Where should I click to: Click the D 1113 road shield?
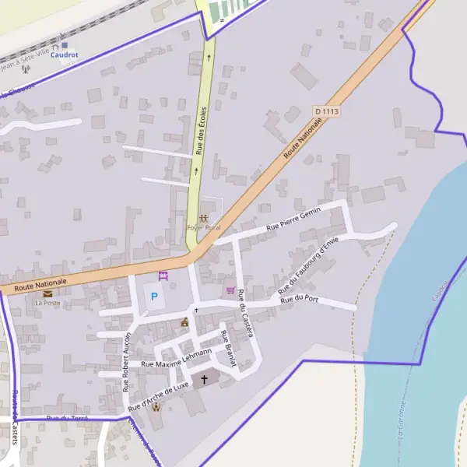tap(327, 112)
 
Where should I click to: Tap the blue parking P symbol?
tap(153, 296)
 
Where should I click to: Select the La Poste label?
tap(47, 303)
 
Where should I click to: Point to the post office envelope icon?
tap(48, 293)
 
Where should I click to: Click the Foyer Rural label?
tap(203, 227)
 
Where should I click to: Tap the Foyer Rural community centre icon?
tap(203, 218)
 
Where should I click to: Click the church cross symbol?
tap(205, 379)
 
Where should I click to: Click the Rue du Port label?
tap(300, 298)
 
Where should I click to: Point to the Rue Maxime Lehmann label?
tap(177, 359)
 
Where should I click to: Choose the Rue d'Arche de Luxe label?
tap(159, 396)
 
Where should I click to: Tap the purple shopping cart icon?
tap(230, 290)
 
